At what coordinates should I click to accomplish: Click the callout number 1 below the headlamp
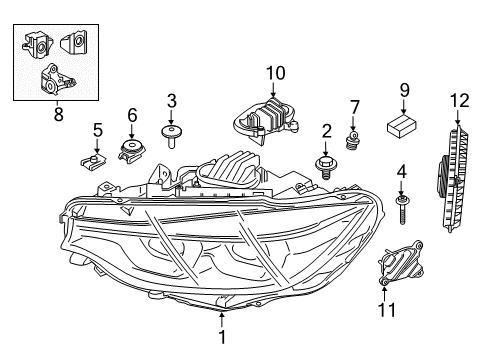[x=222, y=336]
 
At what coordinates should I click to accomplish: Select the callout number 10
[x=276, y=73]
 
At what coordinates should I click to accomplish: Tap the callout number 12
[x=460, y=101]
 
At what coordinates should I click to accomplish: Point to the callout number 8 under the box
[x=58, y=115]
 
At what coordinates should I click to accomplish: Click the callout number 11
[x=387, y=310]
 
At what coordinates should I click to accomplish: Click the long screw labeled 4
[x=402, y=210]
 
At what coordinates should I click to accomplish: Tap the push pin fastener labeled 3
[x=172, y=136]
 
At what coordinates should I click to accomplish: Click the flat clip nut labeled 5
[x=93, y=160]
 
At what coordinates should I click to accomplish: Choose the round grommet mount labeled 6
[x=132, y=151]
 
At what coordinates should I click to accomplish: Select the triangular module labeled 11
[x=401, y=263]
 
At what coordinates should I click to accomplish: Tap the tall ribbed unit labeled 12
[x=453, y=178]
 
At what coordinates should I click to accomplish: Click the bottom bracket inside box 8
[x=55, y=80]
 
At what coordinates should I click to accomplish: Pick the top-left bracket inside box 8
[x=37, y=45]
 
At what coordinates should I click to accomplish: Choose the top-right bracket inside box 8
[x=74, y=41]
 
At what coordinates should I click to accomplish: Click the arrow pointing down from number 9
[x=404, y=108]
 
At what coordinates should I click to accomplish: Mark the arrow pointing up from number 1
[x=222, y=319]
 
